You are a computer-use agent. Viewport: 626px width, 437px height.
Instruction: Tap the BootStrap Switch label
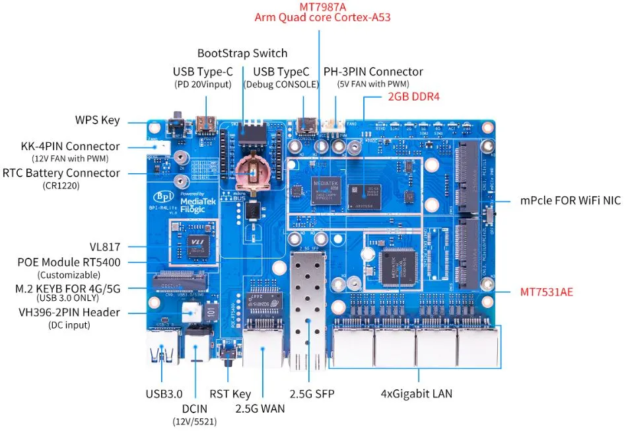(242, 53)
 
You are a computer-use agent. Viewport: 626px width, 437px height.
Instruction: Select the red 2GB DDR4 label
(413, 97)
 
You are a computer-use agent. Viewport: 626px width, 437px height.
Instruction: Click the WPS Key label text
(97, 120)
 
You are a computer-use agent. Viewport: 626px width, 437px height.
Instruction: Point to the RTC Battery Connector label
(61, 173)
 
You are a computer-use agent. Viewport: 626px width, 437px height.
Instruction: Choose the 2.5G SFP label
(308, 394)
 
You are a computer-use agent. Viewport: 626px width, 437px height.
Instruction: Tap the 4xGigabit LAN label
(417, 394)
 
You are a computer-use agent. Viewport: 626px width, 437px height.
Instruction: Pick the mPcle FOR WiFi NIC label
(570, 200)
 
